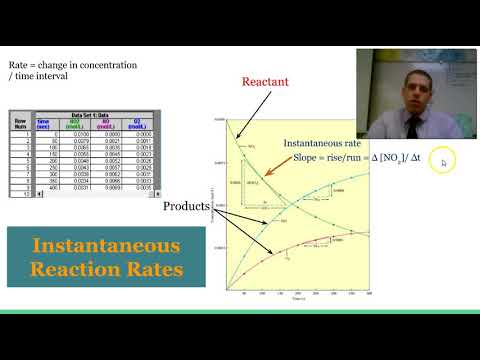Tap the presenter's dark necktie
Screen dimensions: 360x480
point(412,124)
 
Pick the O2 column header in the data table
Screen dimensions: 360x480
point(143,125)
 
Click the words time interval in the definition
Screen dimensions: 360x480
point(43,78)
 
